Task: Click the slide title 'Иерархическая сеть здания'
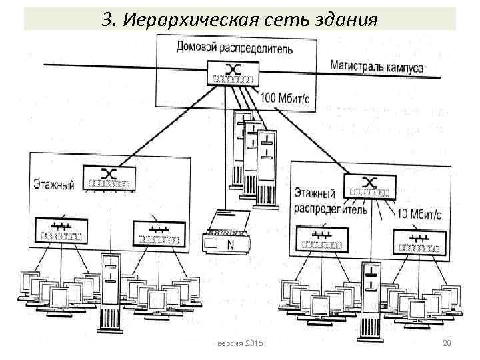pyautogui.click(x=240, y=18)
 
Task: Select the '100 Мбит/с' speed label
pyautogui.click(x=285, y=99)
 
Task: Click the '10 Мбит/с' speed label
pyautogui.click(x=419, y=214)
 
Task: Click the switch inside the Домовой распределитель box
pyautogui.click(x=233, y=73)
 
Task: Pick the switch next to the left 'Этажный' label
pyautogui.click(x=111, y=176)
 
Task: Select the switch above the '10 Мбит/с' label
pyautogui.click(x=369, y=186)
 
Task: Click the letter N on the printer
pyautogui.click(x=230, y=245)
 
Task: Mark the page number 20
pyautogui.click(x=447, y=343)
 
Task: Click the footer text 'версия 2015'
pyautogui.click(x=240, y=343)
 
